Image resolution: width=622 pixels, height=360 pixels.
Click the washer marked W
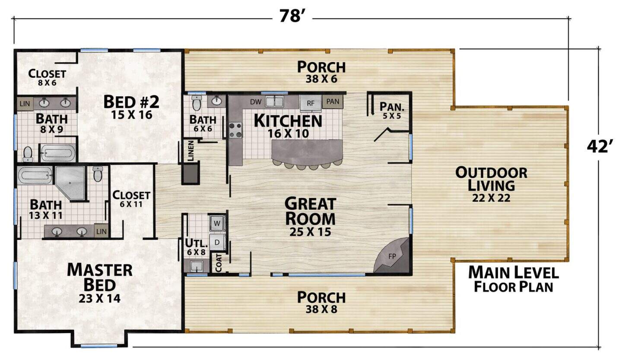pos(217,223)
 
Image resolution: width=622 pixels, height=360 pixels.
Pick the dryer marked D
pos(217,242)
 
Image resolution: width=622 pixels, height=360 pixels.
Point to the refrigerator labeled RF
pos(311,103)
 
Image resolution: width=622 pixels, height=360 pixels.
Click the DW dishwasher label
pos(255,102)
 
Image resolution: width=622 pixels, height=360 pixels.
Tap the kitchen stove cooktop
pos(235,130)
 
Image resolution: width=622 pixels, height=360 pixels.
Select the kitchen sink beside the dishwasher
pos(274,101)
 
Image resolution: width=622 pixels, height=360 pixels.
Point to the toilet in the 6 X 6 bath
pos(197,103)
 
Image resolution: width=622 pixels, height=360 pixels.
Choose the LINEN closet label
pos(190,151)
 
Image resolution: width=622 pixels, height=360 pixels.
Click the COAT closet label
pos(219,262)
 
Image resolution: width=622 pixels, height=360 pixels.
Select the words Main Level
pos(514,272)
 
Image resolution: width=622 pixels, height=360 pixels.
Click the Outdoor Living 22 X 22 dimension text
pos(491,198)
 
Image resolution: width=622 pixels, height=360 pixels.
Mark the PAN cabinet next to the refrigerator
pos(333,102)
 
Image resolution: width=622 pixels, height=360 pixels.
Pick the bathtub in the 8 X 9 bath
pos(58,153)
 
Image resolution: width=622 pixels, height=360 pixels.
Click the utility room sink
pos(197,266)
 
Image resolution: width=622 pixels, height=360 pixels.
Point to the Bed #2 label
pos(131,102)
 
